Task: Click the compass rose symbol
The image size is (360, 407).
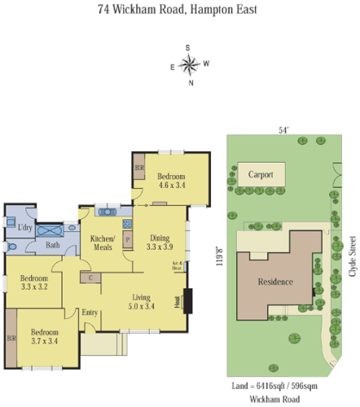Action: point(190,63)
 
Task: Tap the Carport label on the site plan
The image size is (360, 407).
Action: point(261,174)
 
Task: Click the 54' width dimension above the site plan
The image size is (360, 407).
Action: point(283,129)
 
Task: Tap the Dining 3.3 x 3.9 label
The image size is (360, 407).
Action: point(160,242)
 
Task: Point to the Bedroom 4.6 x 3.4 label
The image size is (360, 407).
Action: point(171,182)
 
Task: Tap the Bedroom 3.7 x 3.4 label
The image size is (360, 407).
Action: point(45,337)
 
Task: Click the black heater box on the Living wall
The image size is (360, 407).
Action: point(187,300)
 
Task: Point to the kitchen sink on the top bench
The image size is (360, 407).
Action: point(108,212)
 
